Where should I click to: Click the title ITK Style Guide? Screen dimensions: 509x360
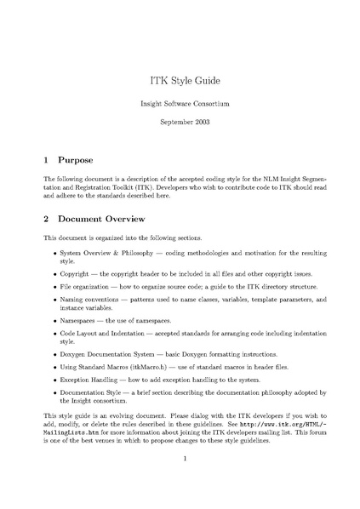(180, 81)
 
